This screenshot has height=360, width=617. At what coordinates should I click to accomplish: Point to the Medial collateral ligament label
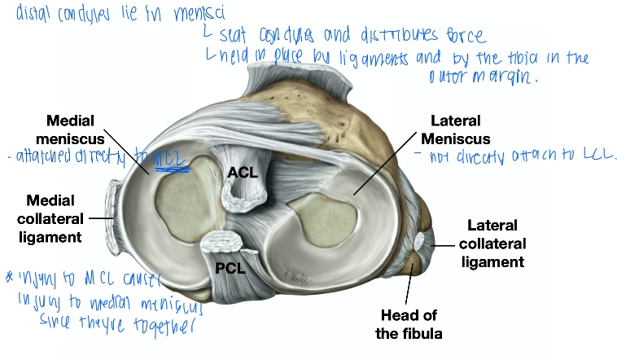point(53,218)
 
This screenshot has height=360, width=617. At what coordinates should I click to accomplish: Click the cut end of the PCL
point(224,242)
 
